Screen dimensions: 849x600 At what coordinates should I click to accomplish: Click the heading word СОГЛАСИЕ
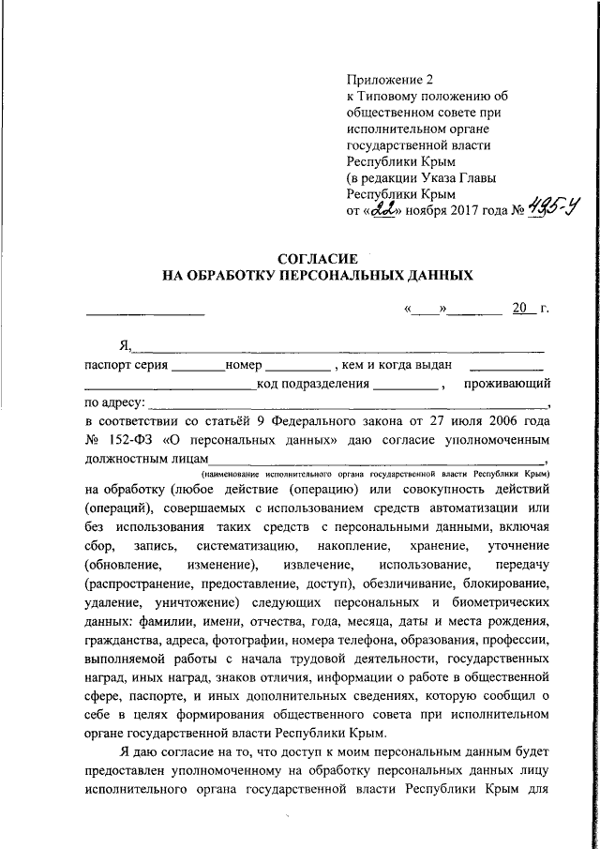coord(319,258)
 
